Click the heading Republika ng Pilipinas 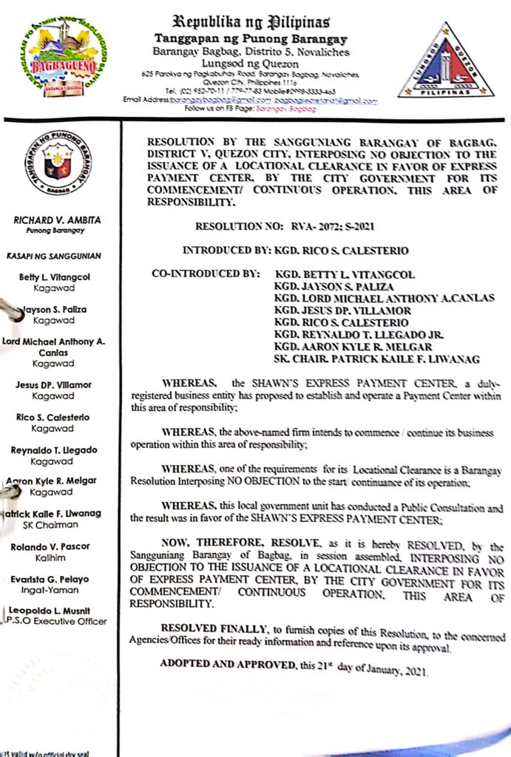pos(251,21)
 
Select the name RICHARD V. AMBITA pos(57,220)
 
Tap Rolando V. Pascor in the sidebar pos(57,546)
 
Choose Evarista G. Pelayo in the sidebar pos(57,579)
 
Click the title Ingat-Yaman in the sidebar pos(57,590)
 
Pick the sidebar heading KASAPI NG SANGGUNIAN pos(57,257)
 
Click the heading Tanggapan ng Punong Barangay pos(251,38)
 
